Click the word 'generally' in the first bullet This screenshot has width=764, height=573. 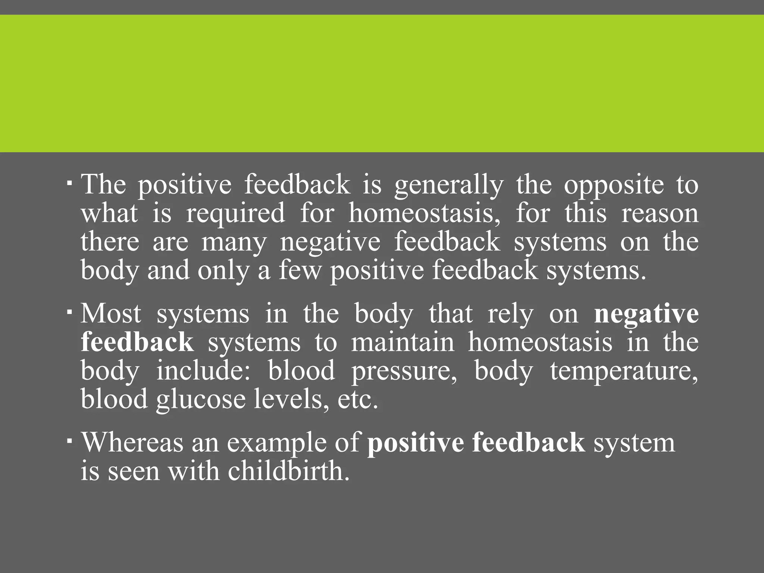click(449, 185)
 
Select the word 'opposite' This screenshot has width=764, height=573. click(614, 185)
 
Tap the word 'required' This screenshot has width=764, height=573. click(235, 214)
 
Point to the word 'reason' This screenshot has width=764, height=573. click(660, 213)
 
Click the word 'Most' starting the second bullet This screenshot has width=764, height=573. click(111, 314)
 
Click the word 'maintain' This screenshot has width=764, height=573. click(403, 342)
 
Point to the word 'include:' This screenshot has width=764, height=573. click(203, 371)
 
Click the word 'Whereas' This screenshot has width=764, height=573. click(132, 442)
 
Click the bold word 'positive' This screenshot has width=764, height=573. click(416, 443)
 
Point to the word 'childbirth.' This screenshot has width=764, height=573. click(289, 471)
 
